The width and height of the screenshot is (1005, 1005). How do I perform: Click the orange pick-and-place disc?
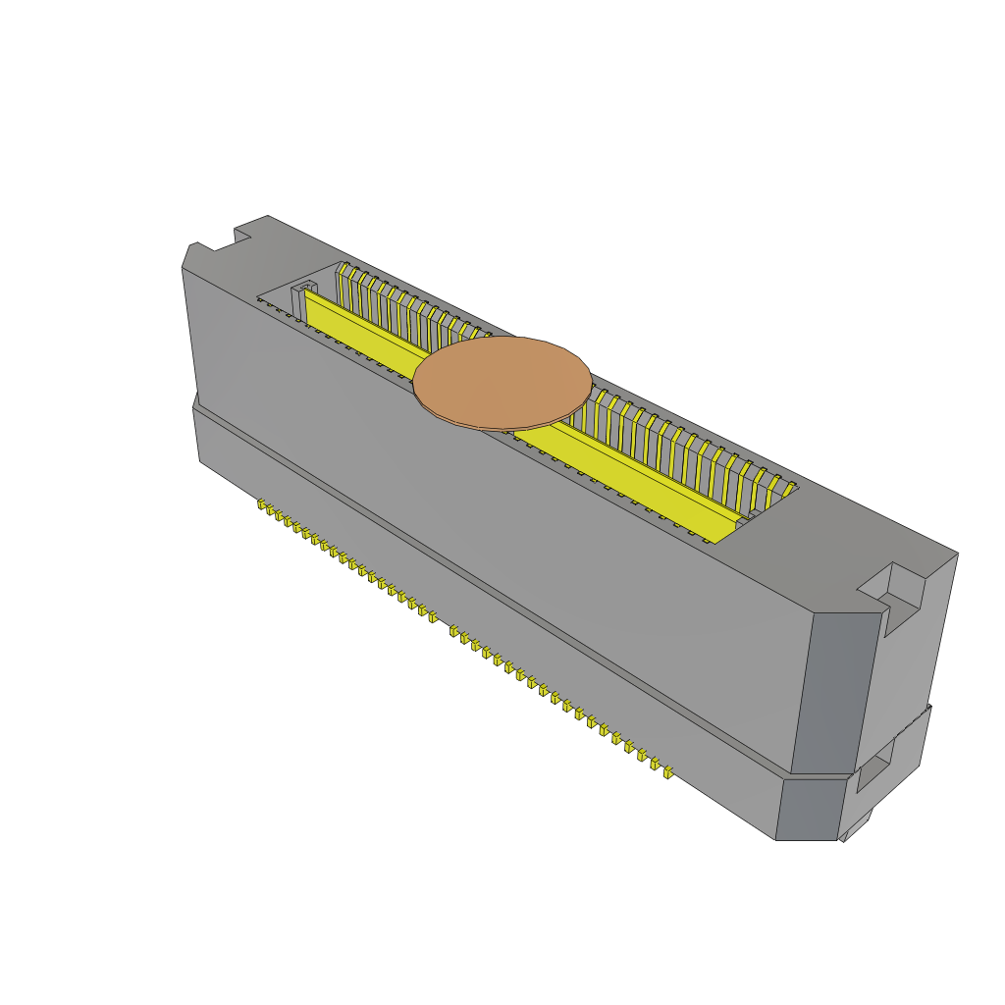(502, 380)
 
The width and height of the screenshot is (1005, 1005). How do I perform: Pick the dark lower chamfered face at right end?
(808, 808)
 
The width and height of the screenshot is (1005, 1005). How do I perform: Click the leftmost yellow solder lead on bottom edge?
(263, 505)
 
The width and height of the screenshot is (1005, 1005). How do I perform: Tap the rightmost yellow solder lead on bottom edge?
(668, 772)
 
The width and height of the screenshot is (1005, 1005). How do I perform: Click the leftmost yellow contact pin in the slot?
(342, 275)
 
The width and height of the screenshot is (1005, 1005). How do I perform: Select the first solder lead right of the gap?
(454, 631)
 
